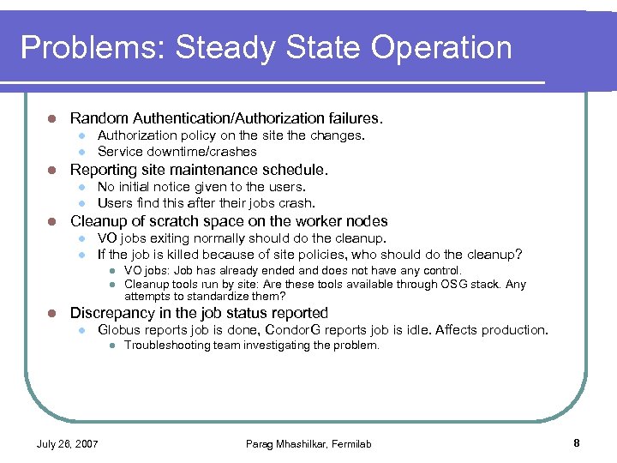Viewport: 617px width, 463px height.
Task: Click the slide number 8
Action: point(577,443)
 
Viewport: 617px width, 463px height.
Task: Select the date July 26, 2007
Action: point(67,444)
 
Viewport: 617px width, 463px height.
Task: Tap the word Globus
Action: point(118,330)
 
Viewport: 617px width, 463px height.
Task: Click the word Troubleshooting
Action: point(166,346)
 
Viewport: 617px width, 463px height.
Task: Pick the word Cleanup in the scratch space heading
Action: point(96,221)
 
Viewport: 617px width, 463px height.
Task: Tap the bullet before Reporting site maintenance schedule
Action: point(52,170)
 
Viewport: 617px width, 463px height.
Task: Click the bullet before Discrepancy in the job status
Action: point(52,313)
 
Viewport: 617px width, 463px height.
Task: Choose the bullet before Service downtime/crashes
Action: point(80,152)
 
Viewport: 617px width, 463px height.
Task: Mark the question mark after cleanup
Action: point(518,255)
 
